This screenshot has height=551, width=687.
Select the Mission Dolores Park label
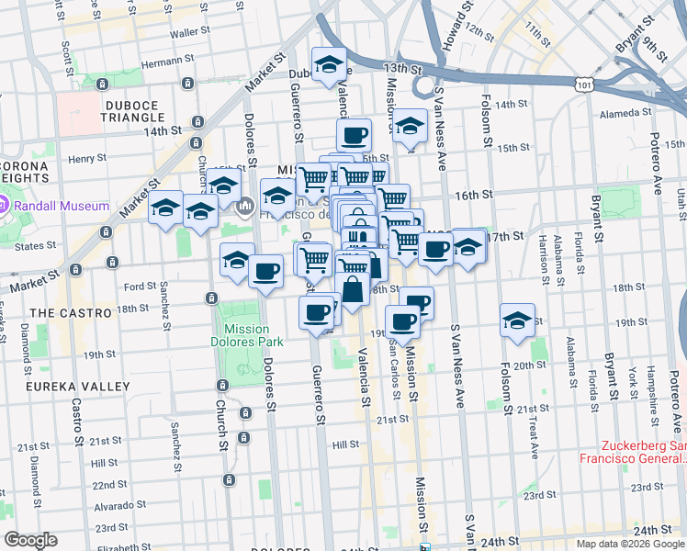coord(245,336)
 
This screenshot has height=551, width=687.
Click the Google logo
coord(30,540)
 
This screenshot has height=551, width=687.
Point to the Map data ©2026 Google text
coord(629,544)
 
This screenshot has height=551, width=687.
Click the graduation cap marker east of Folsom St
coord(517,321)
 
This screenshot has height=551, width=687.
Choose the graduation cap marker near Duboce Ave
coord(328,65)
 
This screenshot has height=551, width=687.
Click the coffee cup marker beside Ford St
coord(265,272)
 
